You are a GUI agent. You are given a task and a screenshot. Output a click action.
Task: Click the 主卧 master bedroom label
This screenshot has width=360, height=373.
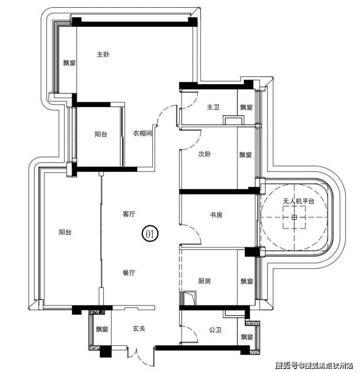103,54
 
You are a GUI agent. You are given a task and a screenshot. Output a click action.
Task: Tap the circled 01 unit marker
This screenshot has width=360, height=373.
150,234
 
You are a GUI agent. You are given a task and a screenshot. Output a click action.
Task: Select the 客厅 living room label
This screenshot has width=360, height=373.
129,214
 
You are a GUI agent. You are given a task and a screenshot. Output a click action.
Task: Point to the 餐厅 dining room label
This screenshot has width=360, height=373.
129,273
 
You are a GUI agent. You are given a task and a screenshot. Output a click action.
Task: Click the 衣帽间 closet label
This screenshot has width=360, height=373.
142,133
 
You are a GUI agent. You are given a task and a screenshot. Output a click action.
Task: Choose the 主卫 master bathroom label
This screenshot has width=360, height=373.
213,107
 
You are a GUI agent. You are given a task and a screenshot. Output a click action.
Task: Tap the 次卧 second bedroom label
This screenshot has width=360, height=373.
204,154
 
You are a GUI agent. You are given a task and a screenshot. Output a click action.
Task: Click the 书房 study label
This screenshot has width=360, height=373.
216,215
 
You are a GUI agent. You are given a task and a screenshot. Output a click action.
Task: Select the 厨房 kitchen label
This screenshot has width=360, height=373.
204,281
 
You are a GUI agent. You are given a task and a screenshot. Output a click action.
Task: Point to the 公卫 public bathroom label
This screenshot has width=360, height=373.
216,330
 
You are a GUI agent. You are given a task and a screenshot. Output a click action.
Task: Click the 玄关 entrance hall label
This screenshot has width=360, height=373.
139,329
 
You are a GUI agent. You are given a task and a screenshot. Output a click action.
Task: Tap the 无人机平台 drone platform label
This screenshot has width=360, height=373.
299,201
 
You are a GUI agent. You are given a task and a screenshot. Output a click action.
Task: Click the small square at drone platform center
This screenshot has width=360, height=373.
294,217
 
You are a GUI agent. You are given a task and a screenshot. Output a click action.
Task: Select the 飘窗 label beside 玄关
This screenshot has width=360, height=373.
102,329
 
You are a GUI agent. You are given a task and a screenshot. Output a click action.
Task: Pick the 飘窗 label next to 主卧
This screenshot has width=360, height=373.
69,63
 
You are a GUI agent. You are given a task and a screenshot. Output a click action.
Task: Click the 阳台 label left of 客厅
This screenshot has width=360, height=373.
65,232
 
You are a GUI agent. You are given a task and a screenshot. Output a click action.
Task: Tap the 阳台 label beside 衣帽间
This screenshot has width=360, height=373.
101,134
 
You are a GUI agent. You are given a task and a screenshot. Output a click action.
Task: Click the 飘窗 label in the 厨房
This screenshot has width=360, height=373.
247,282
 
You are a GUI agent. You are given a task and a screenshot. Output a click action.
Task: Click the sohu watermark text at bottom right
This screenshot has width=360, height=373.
314,365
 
